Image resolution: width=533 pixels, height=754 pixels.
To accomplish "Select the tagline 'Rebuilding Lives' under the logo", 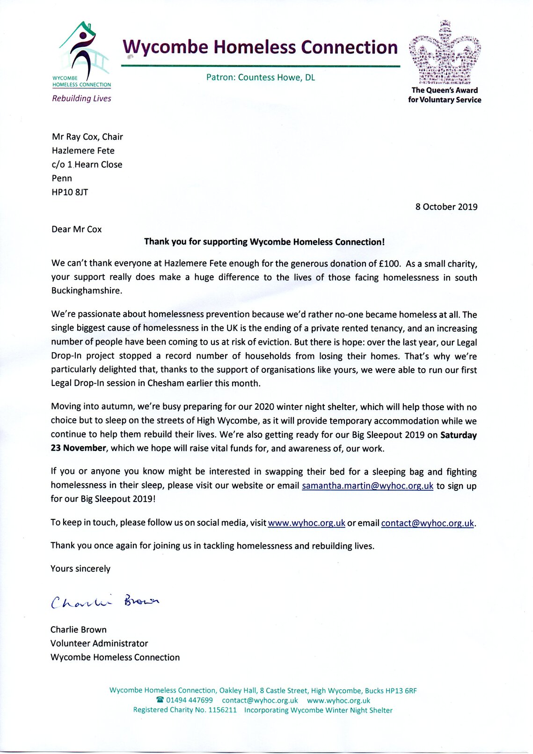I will (81, 98).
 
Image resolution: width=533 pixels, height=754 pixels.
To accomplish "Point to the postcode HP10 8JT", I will (70, 192).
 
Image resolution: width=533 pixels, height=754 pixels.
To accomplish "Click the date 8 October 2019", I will (446, 207).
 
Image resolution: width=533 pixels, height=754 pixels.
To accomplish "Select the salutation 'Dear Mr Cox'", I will (76, 229).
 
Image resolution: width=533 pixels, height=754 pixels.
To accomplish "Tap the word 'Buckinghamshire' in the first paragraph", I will (87, 290).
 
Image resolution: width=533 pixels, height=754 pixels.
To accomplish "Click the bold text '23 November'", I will (78, 448).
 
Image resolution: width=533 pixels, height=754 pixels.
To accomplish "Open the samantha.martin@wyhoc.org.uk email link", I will (367, 486).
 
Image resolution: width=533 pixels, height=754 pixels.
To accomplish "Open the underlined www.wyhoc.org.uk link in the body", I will (307, 523).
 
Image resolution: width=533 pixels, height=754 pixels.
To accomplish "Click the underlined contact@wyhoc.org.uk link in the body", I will (428, 523).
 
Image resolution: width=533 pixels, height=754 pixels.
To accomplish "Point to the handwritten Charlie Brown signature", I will (105, 602).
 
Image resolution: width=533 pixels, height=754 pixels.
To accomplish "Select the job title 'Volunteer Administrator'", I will (99, 643).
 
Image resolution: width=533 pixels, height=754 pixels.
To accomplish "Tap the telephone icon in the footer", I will (160, 700).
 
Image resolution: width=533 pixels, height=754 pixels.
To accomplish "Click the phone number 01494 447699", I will (190, 700).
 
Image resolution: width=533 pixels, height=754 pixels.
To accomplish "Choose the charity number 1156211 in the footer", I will (222, 710).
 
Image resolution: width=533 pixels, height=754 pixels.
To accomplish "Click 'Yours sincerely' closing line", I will (80, 569).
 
